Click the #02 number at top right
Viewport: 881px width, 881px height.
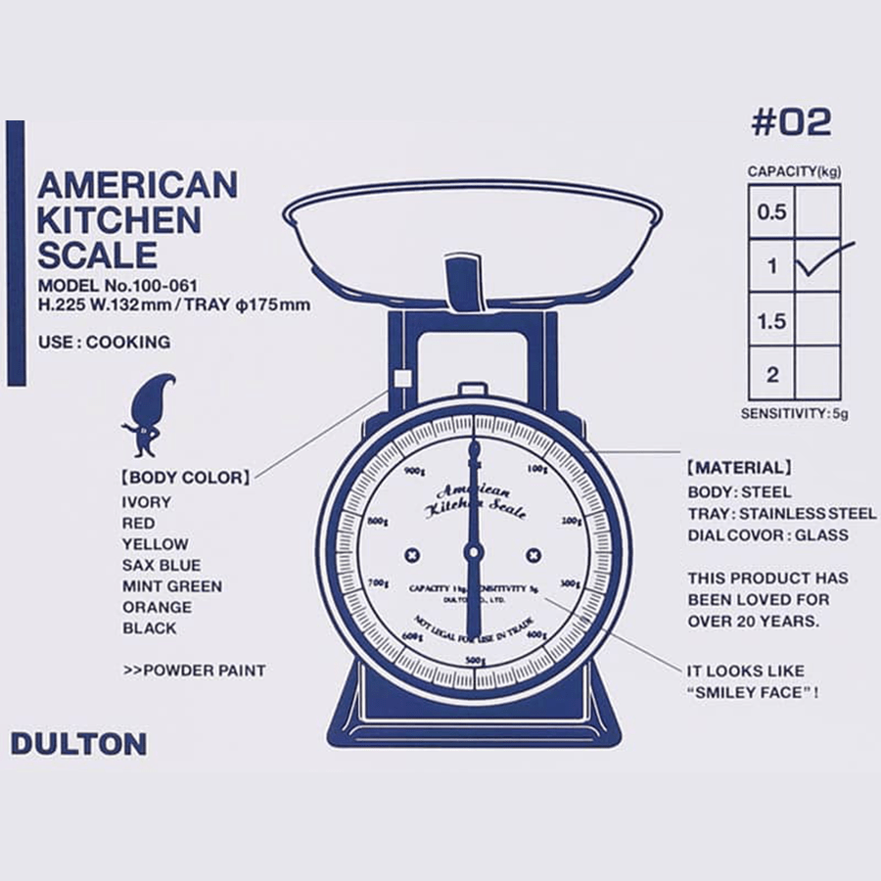tap(791, 122)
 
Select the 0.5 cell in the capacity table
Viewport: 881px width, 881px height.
tap(772, 211)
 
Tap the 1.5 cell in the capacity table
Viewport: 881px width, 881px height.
tap(772, 320)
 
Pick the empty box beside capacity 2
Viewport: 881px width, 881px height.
tap(817, 373)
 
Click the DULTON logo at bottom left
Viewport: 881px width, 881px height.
tap(78, 744)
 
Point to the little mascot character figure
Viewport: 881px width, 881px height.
tap(147, 415)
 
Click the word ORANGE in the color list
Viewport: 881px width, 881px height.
tap(157, 607)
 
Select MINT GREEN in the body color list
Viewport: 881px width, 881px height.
tap(172, 586)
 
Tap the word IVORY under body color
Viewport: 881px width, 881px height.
tap(147, 502)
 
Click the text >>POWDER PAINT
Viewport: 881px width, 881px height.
tap(195, 671)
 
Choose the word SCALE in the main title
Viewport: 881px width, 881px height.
tap(97, 255)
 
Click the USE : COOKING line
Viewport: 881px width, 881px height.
tap(104, 343)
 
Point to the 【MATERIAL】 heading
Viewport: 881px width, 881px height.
tap(739, 468)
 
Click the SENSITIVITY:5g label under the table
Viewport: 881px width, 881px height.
tap(794, 413)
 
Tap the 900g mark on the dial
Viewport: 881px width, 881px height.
tap(414, 471)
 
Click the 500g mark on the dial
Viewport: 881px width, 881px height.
tap(475, 660)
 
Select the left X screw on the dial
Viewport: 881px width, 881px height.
tap(413, 555)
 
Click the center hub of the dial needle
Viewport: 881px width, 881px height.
tap(475, 554)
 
